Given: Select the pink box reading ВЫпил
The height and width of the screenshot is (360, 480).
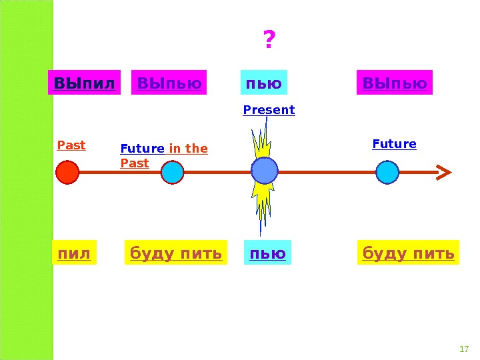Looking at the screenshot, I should click(x=85, y=84).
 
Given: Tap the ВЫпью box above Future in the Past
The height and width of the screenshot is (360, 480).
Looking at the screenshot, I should click(x=169, y=84).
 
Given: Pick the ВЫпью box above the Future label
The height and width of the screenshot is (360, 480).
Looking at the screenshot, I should click(x=395, y=84).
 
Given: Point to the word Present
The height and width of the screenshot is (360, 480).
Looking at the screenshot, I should click(x=269, y=110).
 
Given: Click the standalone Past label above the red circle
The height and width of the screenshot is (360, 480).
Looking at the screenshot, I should click(x=71, y=145).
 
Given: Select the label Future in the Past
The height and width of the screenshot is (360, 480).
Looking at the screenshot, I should click(x=163, y=155).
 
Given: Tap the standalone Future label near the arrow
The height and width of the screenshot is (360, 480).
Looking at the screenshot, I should click(x=394, y=144).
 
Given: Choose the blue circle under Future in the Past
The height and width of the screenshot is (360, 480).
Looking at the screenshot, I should click(x=172, y=173).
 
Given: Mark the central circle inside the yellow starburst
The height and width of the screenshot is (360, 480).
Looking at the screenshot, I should click(x=265, y=172).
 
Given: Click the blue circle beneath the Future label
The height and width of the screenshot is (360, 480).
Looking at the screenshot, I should click(x=387, y=173).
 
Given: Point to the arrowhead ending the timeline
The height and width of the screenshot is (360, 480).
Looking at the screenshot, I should click(x=443, y=173).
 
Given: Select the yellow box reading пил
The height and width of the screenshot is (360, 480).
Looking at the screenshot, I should click(x=74, y=253).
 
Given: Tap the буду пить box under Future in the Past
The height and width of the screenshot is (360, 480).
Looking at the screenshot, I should click(x=174, y=253).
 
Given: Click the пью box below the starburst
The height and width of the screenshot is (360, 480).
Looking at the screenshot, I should click(x=267, y=253).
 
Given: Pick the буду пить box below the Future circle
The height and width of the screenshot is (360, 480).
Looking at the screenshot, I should click(x=408, y=253).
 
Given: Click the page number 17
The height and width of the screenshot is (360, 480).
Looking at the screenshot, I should click(x=465, y=349).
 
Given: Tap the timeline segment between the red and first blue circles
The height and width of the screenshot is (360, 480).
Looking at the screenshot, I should click(x=120, y=173).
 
